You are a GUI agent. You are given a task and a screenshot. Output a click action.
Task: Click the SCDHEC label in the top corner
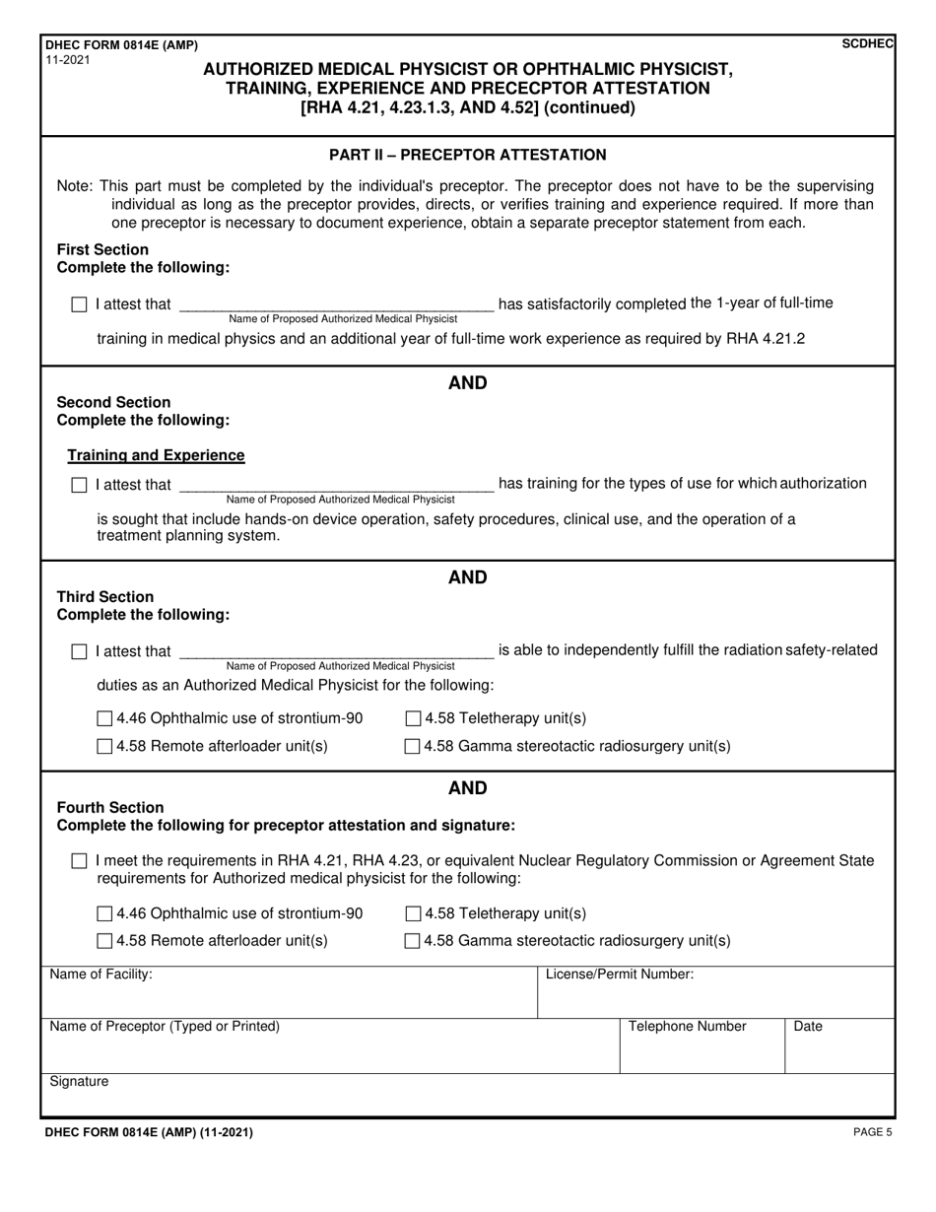[x=867, y=44]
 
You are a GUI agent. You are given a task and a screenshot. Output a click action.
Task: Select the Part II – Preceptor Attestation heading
[x=467, y=155]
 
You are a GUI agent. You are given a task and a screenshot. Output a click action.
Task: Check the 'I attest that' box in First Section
[x=80, y=305]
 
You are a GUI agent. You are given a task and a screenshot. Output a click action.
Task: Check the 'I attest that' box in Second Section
[x=80, y=485]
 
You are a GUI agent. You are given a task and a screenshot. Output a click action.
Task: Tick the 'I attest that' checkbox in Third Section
[x=80, y=652]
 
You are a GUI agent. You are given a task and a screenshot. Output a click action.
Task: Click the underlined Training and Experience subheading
[x=156, y=455]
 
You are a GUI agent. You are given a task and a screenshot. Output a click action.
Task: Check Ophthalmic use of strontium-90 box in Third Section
[x=104, y=719]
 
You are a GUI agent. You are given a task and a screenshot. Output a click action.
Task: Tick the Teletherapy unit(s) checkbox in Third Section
[x=413, y=719]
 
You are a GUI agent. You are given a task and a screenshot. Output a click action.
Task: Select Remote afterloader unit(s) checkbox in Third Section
[x=104, y=747]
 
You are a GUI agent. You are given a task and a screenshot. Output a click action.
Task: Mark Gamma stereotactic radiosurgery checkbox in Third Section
[x=413, y=747]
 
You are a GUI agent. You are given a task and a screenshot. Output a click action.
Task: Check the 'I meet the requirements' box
[x=80, y=862]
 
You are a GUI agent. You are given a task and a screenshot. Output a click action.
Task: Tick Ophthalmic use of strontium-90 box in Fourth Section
[x=104, y=914]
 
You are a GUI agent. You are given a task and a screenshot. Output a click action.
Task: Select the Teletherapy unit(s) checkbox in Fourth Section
[x=413, y=914]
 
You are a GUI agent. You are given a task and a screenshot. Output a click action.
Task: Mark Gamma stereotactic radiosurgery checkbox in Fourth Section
[x=413, y=942]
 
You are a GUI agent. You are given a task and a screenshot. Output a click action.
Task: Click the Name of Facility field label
[x=100, y=975]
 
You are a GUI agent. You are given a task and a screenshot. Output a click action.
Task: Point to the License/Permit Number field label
[x=619, y=975]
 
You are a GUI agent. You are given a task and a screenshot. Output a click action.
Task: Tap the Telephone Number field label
[x=687, y=1027]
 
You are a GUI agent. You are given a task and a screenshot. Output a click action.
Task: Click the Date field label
[x=807, y=1027]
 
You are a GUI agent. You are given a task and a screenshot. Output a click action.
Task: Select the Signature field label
[x=79, y=1082]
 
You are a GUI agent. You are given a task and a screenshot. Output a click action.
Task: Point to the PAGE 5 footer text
[x=872, y=1133]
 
